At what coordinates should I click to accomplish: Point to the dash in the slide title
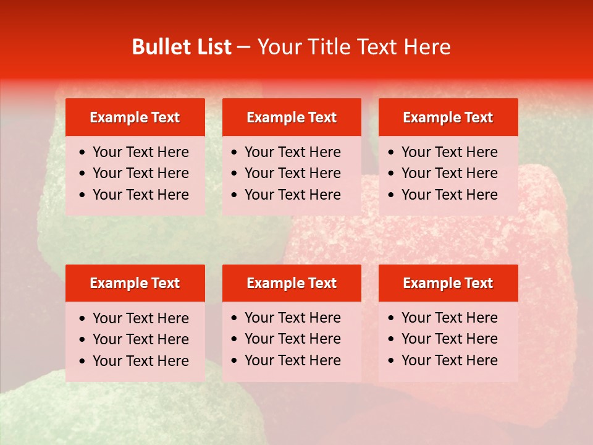coord(244,48)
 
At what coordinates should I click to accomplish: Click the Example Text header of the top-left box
coord(135,117)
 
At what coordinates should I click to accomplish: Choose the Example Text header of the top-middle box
coord(292,117)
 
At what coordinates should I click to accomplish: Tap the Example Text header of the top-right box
coord(448,117)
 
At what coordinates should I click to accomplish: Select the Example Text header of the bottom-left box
coord(135,283)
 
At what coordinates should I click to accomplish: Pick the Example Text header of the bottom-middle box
coord(292,283)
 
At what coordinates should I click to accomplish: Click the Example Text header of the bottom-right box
coord(448,283)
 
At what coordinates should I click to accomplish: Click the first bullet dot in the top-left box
coord(83,153)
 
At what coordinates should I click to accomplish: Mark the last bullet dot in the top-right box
coord(392,195)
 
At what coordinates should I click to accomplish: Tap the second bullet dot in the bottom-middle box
coord(235,339)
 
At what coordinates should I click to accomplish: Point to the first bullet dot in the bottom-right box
coord(392,318)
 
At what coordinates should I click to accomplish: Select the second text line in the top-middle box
coord(293,173)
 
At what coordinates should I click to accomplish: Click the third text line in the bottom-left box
coord(141,361)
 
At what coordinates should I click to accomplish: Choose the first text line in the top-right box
coord(450,152)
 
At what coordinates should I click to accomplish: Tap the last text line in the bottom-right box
coord(450,360)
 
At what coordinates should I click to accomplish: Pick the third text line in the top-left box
coord(141,195)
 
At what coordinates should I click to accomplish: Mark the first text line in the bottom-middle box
coord(293,318)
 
